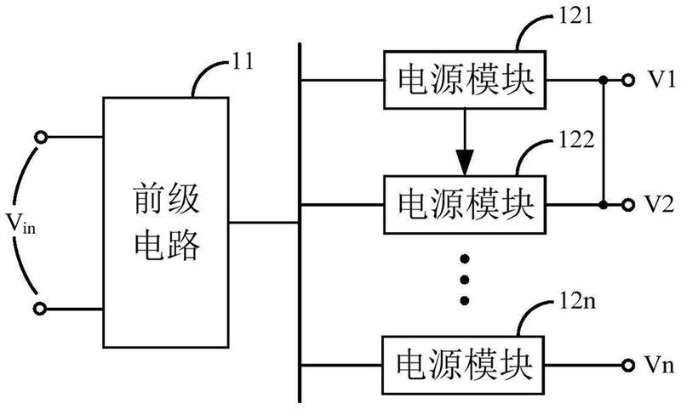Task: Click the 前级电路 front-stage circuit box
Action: tap(166, 223)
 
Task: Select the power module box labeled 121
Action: tap(464, 80)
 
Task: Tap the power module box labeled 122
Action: tap(464, 205)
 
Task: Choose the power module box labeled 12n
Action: tap(462, 365)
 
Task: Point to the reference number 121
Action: tap(575, 15)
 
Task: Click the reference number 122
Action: tap(576, 139)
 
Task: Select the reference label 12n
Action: tap(577, 300)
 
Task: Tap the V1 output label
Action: tap(661, 80)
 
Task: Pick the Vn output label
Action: tap(659, 365)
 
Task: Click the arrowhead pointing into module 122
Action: tap(464, 162)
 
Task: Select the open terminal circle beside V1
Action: tap(627, 80)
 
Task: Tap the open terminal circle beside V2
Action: tap(627, 205)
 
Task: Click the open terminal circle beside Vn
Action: tap(627, 366)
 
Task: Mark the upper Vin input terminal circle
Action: tap(40, 138)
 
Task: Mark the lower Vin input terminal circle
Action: tap(40, 309)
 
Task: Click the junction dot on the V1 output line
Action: tap(603, 80)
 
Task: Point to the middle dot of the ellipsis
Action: tap(465, 280)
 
